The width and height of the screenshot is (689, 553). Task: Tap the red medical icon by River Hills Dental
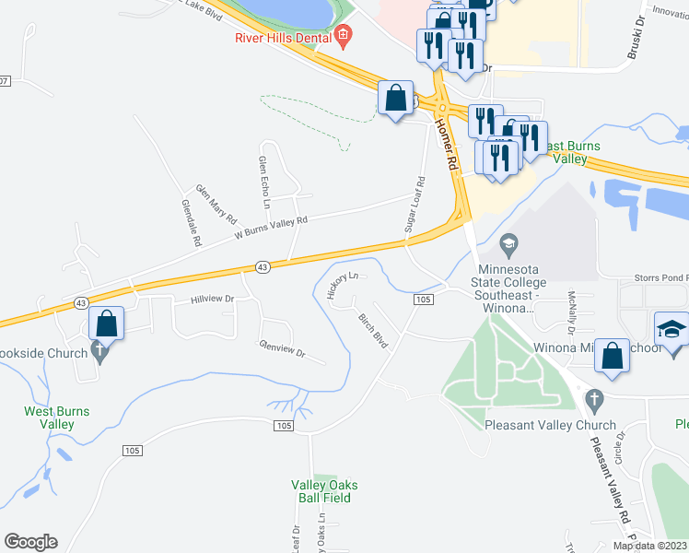(x=344, y=38)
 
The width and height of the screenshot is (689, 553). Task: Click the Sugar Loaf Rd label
(x=414, y=205)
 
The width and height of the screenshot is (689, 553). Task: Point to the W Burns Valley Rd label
(x=270, y=228)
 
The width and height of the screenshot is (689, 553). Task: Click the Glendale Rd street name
(x=192, y=224)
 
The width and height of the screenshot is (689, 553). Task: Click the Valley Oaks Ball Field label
(x=324, y=492)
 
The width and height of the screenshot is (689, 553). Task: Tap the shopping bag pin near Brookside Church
(x=107, y=324)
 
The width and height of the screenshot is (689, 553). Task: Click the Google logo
(x=30, y=542)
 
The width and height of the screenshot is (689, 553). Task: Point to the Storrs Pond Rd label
(x=660, y=276)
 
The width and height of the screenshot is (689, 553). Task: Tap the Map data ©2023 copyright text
(x=650, y=546)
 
